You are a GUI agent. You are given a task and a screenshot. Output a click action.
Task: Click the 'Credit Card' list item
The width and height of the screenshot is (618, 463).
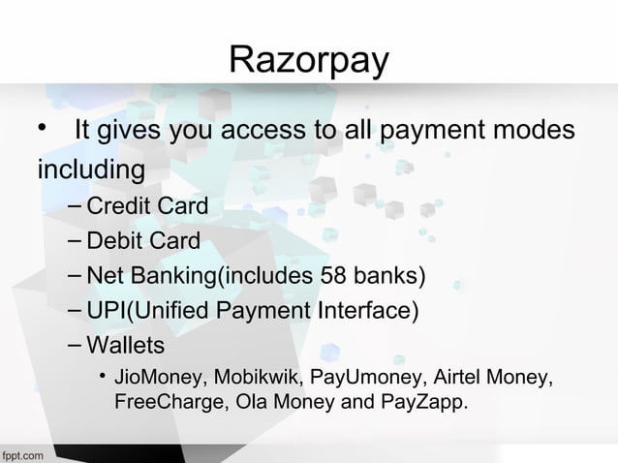pos(146,206)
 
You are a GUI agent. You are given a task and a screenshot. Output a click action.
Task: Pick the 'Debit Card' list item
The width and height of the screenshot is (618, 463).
pos(142,241)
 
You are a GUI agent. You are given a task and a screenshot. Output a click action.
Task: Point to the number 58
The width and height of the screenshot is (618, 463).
pos(331,276)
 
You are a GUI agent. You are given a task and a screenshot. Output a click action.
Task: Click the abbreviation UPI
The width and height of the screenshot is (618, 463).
pos(106,311)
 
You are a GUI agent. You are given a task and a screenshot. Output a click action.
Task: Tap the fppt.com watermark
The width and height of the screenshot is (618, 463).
pos(21,453)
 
